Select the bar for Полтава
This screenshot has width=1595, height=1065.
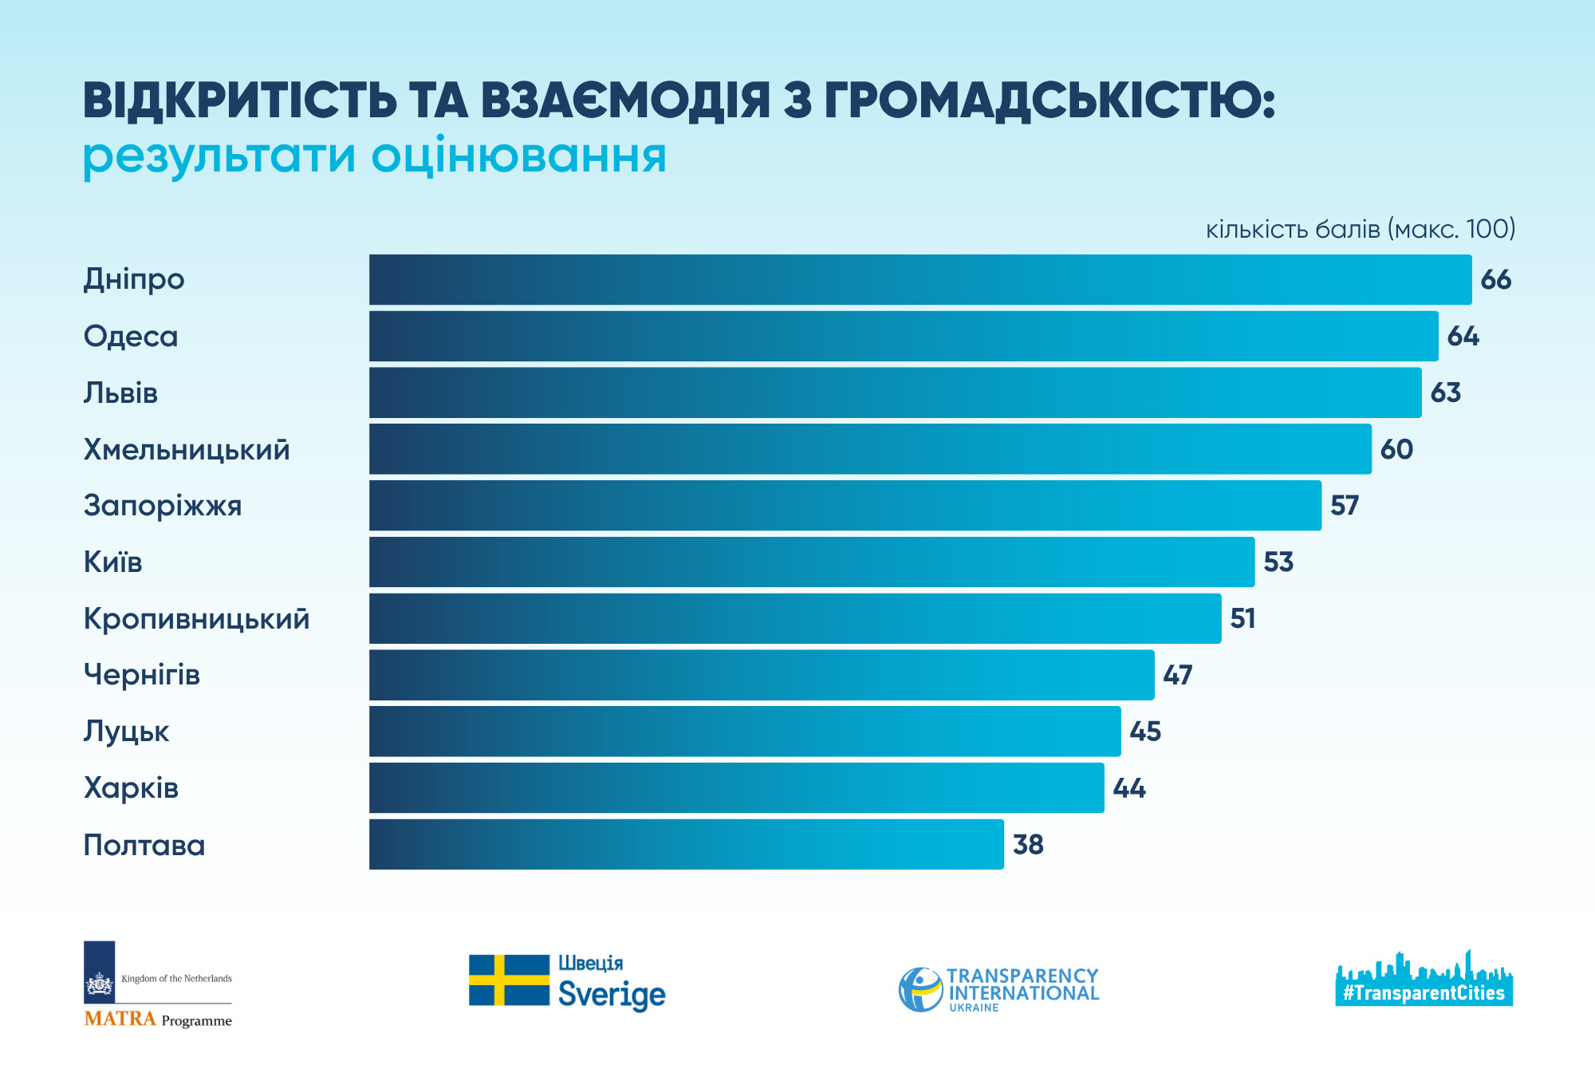tap(686, 845)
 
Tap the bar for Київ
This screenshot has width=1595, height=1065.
tap(811, 562)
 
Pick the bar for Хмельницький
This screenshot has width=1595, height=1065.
tap(869, 449)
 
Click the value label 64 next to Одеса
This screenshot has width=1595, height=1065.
tap(1463, 337)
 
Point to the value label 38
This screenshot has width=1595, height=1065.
tap(1028, 845)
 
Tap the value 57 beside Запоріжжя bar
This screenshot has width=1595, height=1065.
tap(1344, 506)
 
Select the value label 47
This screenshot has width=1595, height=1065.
tap(1177, 676)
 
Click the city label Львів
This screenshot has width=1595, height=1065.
tap(120, 393)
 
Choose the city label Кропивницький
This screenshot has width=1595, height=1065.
tap(196, 619)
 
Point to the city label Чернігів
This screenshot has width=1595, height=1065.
tap(141, 676)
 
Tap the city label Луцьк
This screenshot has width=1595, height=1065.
tap(126, 732)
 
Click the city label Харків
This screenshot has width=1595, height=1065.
tap(131, 789)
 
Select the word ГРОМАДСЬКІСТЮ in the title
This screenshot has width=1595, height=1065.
tap(1049, 101)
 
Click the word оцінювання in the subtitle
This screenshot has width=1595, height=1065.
tap(518, 156)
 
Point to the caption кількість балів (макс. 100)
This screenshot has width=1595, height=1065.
tap(1360, 230)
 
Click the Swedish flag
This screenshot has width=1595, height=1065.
tap(509, 980)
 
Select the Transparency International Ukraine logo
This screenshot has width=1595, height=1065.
tap(998, 990)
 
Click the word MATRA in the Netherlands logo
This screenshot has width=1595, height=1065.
tap(120, 1019)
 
